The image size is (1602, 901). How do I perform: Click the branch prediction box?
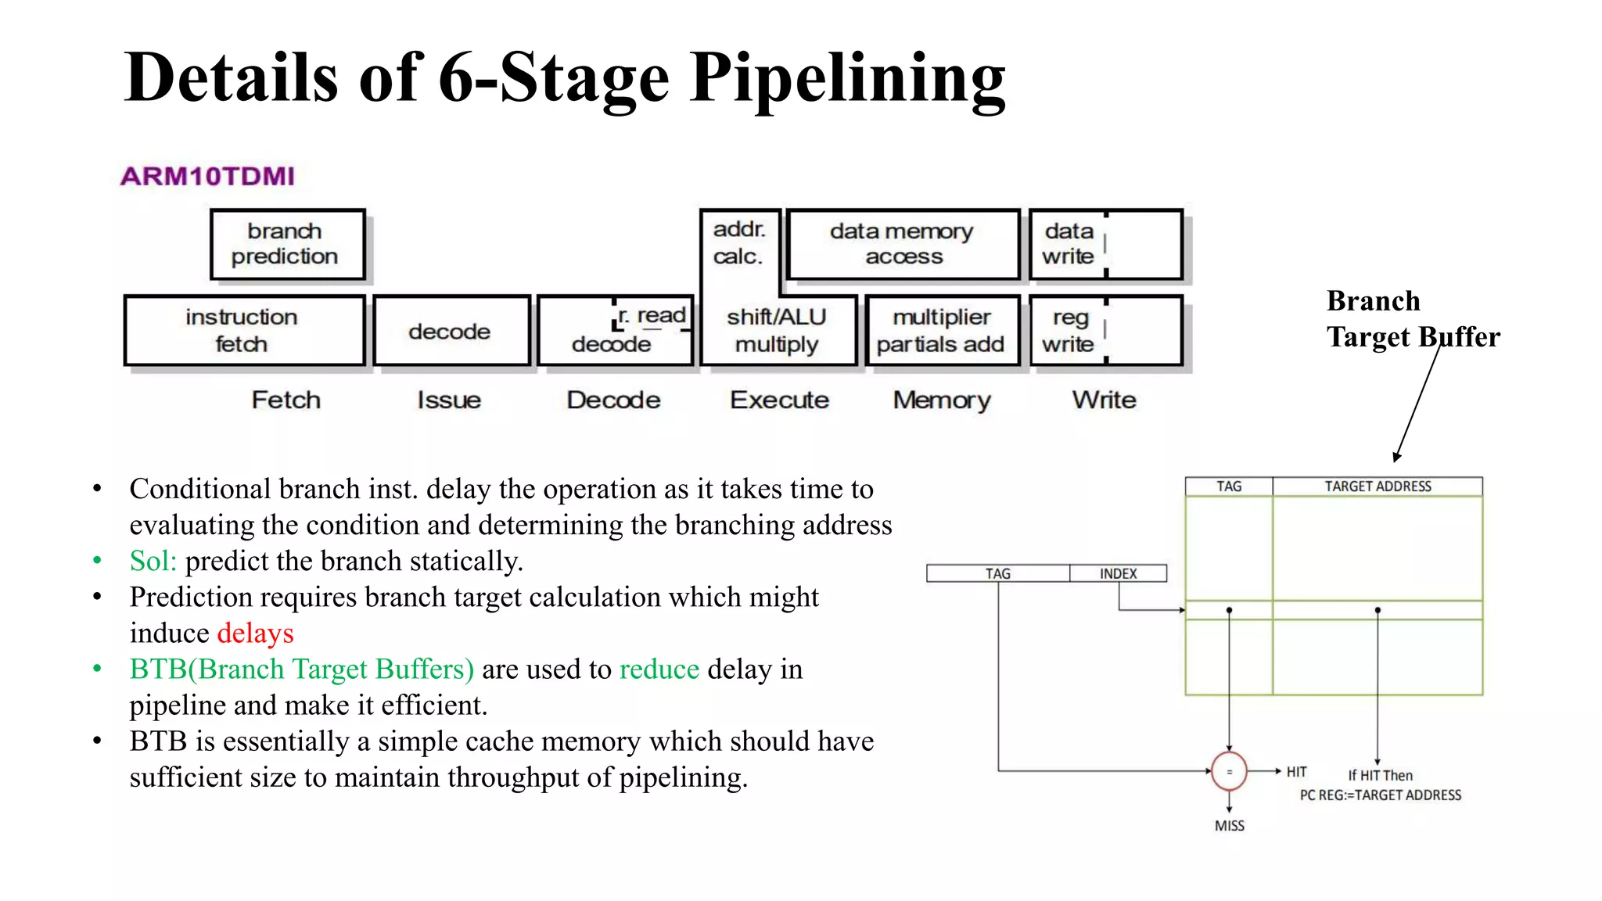point(287,244)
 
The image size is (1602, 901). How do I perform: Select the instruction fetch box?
point(244,330)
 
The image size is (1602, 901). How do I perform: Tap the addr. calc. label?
point(738,242)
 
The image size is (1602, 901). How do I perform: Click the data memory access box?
point(903,244)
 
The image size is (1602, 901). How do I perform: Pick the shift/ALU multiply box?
point(778,330)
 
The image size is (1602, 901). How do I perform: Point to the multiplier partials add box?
point(942,330)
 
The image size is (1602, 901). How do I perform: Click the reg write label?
point(1069,330)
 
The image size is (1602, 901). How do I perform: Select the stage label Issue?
point(449,400)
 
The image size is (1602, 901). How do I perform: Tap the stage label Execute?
point(779,400)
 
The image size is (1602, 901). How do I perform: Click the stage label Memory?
point(942,400)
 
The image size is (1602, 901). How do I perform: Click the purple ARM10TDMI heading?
point(208,176)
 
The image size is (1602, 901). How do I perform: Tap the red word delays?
point(255,633)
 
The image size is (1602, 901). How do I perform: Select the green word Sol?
point(153,561)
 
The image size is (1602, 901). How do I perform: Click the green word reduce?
point(659,669)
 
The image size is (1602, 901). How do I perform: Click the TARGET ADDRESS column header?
point(1377,486)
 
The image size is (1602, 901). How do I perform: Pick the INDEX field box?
point(1118,573)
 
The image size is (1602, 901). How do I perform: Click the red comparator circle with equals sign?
point(1229,771)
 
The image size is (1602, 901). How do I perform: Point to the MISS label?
point(1229,825)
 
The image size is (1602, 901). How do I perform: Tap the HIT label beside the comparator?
point(1296,772)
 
